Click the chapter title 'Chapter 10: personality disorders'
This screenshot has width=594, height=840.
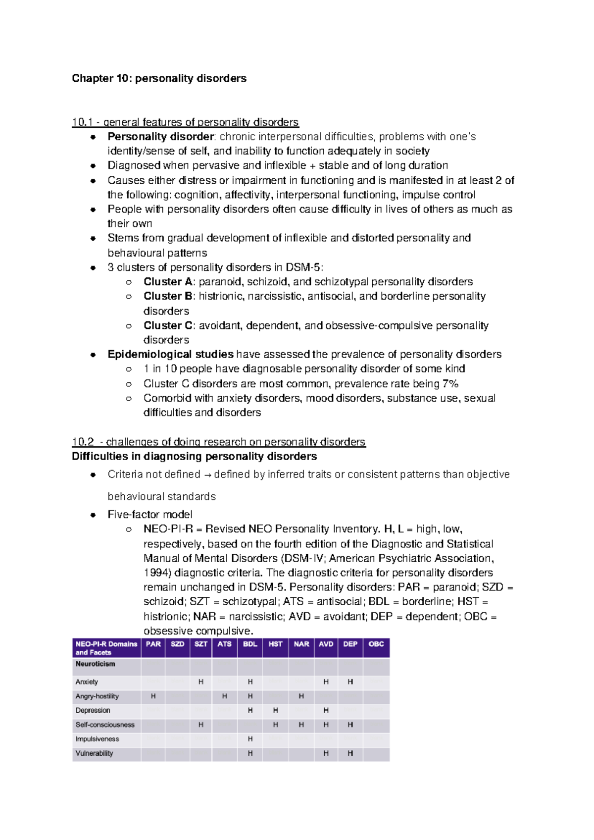tap(159, 78)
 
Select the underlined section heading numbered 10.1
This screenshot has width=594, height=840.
tap(185, 122)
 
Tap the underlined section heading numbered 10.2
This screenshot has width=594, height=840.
tap(218, 442)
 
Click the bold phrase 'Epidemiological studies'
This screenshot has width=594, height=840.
tap(170, 354)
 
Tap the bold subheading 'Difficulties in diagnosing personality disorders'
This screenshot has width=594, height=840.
tap(194, 456)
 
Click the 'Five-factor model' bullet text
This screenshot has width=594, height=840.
tap(150, 515)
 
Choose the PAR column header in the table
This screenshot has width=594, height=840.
tap(153, 644)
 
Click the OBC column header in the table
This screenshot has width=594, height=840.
tap(376, 644)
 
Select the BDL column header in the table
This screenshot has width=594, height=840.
tap(250, 644)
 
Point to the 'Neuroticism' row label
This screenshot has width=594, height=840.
tap(95, 664)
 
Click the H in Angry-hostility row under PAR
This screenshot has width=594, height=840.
tap(153, 696)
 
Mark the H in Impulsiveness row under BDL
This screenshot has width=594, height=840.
tap(250, 739)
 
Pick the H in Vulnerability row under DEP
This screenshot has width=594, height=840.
tap(350, 753)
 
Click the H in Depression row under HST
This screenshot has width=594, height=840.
tap(276, 710)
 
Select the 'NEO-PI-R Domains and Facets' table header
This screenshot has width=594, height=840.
tap(106, 648)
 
